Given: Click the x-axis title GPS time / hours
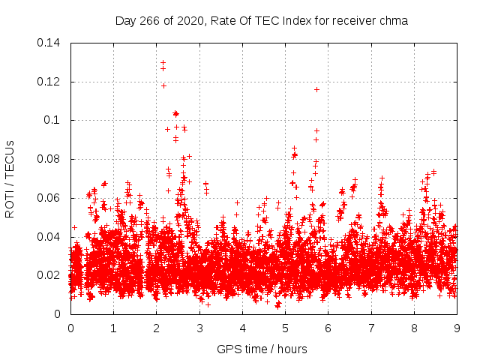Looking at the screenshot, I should tap(262, 349).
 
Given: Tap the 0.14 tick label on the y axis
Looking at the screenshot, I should tap(51, 43).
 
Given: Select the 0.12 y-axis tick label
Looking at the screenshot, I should tap(51, 82).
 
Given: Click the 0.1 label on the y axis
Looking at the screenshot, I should tap(54, 120).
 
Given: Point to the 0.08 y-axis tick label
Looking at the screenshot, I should tap(51, 159).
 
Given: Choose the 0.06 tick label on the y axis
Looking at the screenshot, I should tap(51, 198).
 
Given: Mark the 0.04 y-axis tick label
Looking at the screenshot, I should tap(51, 237).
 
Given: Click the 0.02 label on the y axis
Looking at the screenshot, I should tap(51, 275).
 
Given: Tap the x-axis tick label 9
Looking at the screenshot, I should tap(457, 328).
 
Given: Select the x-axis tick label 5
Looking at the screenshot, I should tap(285, 328).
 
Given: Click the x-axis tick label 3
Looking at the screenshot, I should tap(199, 328).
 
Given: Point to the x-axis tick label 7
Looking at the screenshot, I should tap(371, 328).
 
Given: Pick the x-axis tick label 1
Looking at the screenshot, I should tap(113, 328).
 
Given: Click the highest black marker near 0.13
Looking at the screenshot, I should tap(163, 63).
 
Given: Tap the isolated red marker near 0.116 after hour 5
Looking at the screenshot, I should tap(316, 89).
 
